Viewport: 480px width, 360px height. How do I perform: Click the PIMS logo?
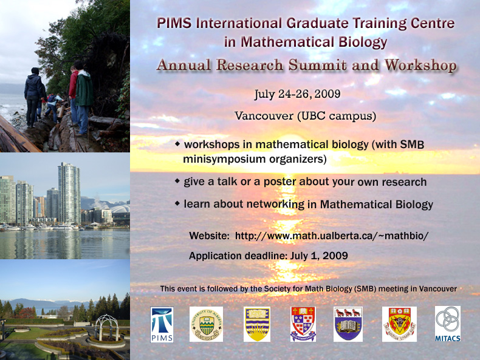click(x=162, y=325)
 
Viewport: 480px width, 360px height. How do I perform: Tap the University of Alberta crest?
click(x=206, y=324)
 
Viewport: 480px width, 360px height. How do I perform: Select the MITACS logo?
click(x=448, y=324)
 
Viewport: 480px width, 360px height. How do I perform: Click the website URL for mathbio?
click(x=332, y=236)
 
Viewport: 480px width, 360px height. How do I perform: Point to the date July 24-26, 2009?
click(x=297, y=94)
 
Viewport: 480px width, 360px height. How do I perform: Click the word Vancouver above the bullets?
click(x=264, y=116)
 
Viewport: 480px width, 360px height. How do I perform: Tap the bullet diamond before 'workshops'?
click(x=177, y=143)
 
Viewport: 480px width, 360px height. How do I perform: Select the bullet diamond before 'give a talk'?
click(x=177, y=181)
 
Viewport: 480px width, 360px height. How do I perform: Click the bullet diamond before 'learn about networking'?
click(x=177, y=203)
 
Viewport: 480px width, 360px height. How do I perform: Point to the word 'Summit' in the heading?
click(x=317, y=65)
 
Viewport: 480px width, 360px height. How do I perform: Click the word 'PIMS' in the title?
click(x=174, y=23)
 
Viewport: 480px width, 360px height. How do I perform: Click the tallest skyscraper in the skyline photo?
click(x=69, y=192)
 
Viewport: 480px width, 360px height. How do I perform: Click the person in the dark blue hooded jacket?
click(x=34, y=97)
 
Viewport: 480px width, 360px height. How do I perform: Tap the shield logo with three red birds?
click(x=348, y=324)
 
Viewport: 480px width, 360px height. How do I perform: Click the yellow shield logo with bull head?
click(x=399, y=324)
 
